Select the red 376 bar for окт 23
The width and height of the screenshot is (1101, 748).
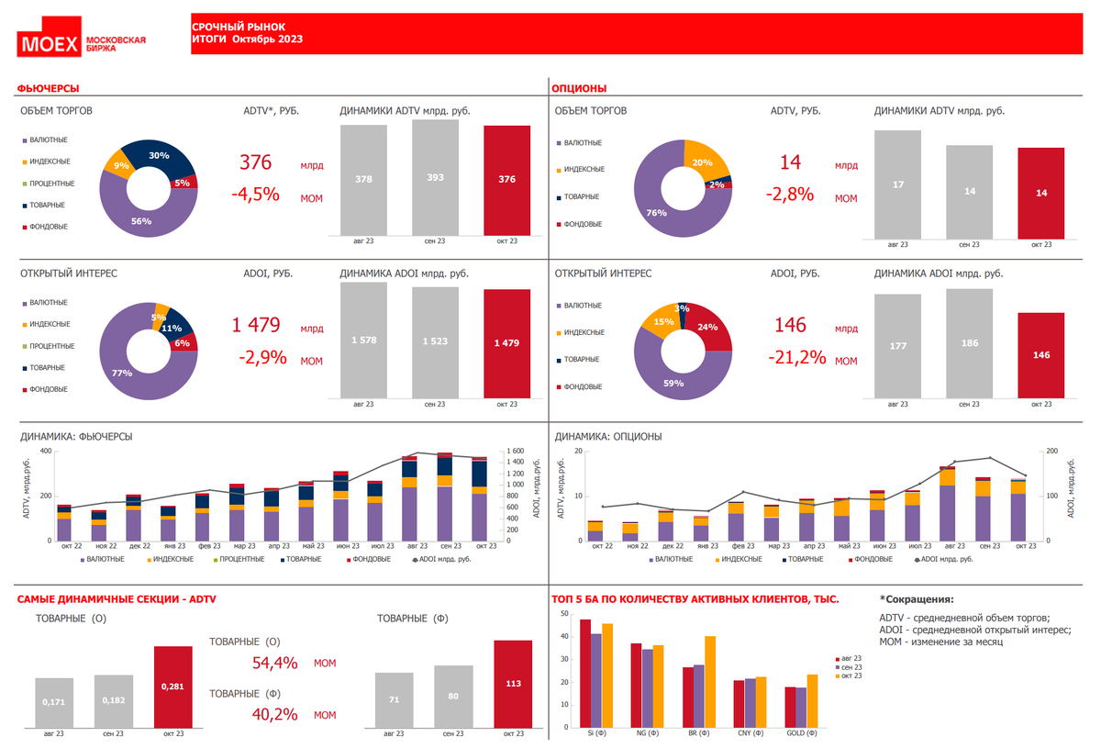click(x=506, y=180)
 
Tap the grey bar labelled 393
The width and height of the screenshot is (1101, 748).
click(x=435, y=177)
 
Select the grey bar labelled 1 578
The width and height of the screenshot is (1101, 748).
click(x=363, y=341)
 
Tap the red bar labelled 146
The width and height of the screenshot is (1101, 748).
click(x=1040, y=354)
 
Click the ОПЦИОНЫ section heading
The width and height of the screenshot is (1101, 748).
click(x=578, y=88)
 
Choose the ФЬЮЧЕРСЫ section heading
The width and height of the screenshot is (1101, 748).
click(x=48, y=88)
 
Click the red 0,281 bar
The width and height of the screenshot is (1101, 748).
click(x=172, y=686)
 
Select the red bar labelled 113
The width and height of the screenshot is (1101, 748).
click(x=513, y=683)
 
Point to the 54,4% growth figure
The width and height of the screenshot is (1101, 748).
click(x=274, y=663)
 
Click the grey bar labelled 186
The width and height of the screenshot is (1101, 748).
click(x=969, y=343)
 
